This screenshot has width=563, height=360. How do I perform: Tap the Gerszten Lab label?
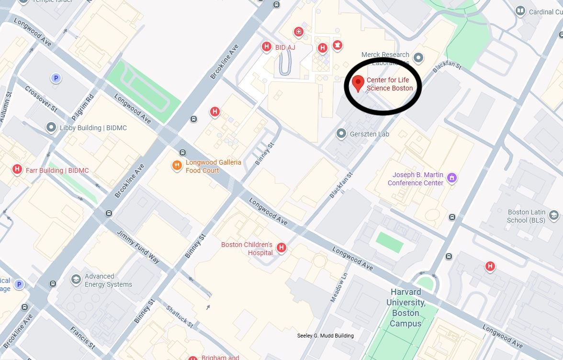click(370, 134)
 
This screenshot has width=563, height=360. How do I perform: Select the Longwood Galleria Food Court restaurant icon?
click(177, 166)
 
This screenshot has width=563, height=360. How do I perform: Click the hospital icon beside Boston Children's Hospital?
click(281, 247)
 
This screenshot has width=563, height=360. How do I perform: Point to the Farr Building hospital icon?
click(17, 169)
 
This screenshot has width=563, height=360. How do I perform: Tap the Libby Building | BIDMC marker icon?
click(51, 127)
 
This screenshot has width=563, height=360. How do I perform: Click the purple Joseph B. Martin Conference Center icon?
click(451, 178)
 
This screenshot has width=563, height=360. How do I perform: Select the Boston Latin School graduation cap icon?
click(554, 215)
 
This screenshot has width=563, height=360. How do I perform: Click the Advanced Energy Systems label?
click(108, 280)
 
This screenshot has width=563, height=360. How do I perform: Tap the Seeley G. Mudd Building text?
click(326, 336)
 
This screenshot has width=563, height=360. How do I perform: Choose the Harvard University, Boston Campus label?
click(405, 307)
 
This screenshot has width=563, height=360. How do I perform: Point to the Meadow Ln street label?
click(338, 288)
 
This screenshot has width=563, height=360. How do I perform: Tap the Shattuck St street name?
click(180, 316)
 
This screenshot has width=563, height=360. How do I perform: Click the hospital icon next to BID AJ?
click(266, 47)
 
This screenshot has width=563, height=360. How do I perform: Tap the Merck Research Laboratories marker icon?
click(418, 58)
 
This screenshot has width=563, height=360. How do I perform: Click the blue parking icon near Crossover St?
click(56, 78)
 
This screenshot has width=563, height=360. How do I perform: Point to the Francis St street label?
click(82, 337)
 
